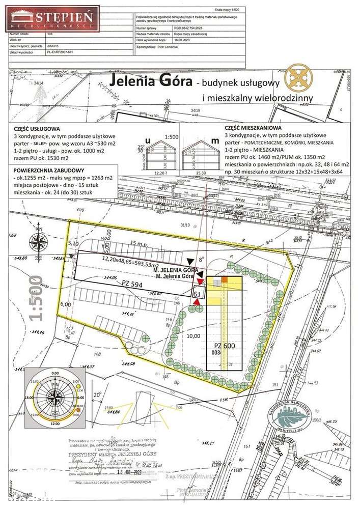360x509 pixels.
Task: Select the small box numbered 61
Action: [x=196, y=293]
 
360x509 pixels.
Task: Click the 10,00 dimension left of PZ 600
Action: [x=193, y=336]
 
